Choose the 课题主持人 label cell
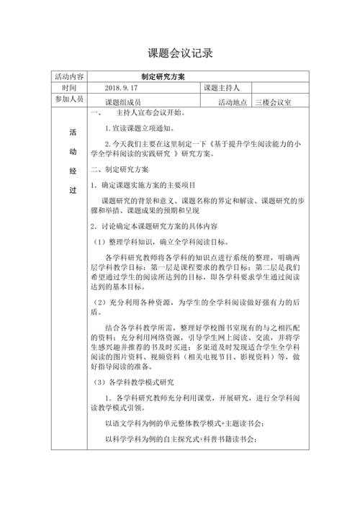225,88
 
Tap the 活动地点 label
233,103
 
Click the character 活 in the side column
71,132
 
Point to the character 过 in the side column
71,190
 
